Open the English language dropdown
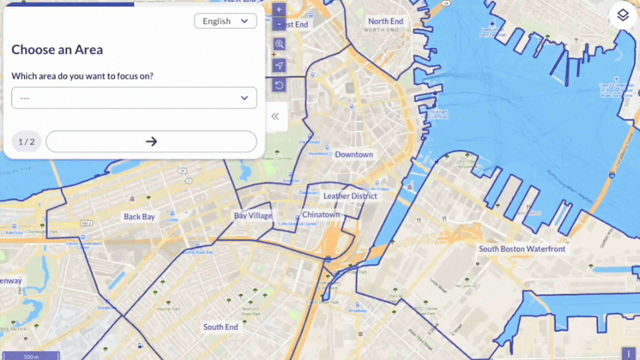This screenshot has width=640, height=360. coord(225,21)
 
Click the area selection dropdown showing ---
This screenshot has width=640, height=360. coord(134,98)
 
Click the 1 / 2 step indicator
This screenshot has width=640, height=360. coord(26,142)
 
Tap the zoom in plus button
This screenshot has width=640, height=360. coord(279,10)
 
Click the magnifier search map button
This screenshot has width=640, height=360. coord(279,44)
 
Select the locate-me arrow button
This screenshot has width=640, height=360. coord(279,65)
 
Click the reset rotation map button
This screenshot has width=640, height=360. coord(279,86)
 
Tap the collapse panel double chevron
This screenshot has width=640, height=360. coord(275,116)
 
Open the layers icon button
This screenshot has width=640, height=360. coord(623,15)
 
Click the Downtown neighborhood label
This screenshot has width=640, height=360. coord(354,155)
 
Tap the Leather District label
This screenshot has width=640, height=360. coord(350,196)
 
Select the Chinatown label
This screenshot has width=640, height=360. coord(321,215)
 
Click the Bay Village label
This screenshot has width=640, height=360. coord(253,216)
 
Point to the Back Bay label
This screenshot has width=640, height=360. coord(139,217)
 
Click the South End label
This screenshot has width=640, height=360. coord(221,327)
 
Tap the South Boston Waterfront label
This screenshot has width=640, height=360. coord(522,249)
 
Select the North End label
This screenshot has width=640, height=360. coord(386,21)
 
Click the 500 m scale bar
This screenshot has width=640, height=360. coord(31,356)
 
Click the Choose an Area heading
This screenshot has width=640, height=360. coord(57,50)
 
